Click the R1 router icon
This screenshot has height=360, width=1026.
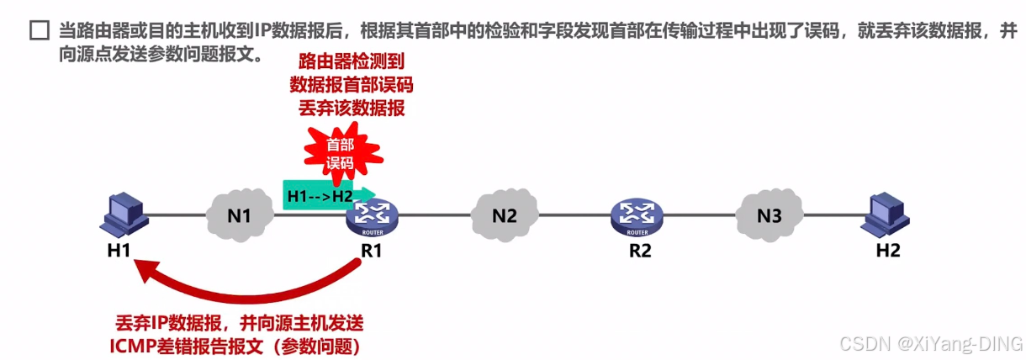coord(372,216)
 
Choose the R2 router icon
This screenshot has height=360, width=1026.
coord(637,216)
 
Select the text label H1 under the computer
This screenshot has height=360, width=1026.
coord(117,250)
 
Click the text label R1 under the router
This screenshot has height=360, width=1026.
coord(371,250)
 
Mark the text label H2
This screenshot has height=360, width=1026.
coord(888,250)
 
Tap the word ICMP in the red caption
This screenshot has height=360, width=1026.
coord(133,345)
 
